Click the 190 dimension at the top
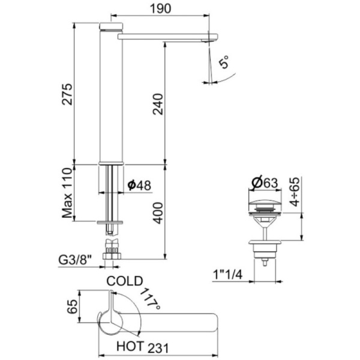(160, 8)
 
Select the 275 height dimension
(67, 94)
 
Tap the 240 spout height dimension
(158, 104)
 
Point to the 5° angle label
(224, 62)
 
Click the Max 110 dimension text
(67, 193)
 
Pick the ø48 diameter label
(140, 185)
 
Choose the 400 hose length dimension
(158, 213)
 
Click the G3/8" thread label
(75, 260)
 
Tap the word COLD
(125, 281)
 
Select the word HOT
(130, 346)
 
